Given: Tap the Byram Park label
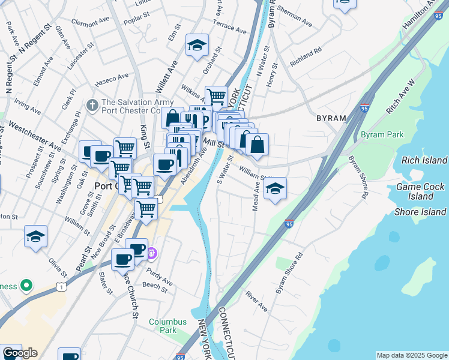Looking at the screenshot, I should point(382,134).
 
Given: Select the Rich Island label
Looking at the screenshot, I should point(424,160).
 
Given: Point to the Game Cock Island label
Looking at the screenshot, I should point(420,191).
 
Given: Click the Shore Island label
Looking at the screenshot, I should point(420,212).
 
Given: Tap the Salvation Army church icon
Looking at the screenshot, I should point(92,106).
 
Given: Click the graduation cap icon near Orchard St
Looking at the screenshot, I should point(197,46).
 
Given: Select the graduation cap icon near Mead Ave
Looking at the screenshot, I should point(275,188).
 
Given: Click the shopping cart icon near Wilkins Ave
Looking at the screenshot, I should point(216,95).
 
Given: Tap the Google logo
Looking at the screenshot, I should point(20,353).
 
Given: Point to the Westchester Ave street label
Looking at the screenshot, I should point(34,137).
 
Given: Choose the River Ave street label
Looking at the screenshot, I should point(256,302).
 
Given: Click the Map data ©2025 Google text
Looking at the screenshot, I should point(412,355).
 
